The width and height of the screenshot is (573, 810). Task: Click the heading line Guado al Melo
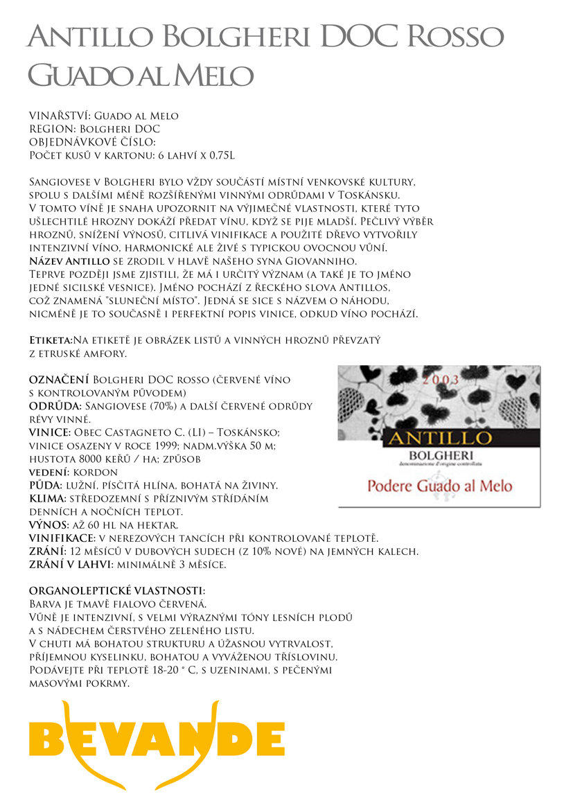click(x=141, y=75)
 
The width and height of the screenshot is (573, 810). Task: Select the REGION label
click(x=52, y=129)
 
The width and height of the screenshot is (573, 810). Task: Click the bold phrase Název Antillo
click(x=69, y=261)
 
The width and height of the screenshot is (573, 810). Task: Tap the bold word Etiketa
click(x=50, y=341)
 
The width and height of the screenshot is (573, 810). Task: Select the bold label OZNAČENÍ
click(x=59, y=380)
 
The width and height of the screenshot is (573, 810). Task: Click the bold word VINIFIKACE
click(x=61, y=538)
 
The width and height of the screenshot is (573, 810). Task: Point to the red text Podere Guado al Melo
click(x=439, y=485)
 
